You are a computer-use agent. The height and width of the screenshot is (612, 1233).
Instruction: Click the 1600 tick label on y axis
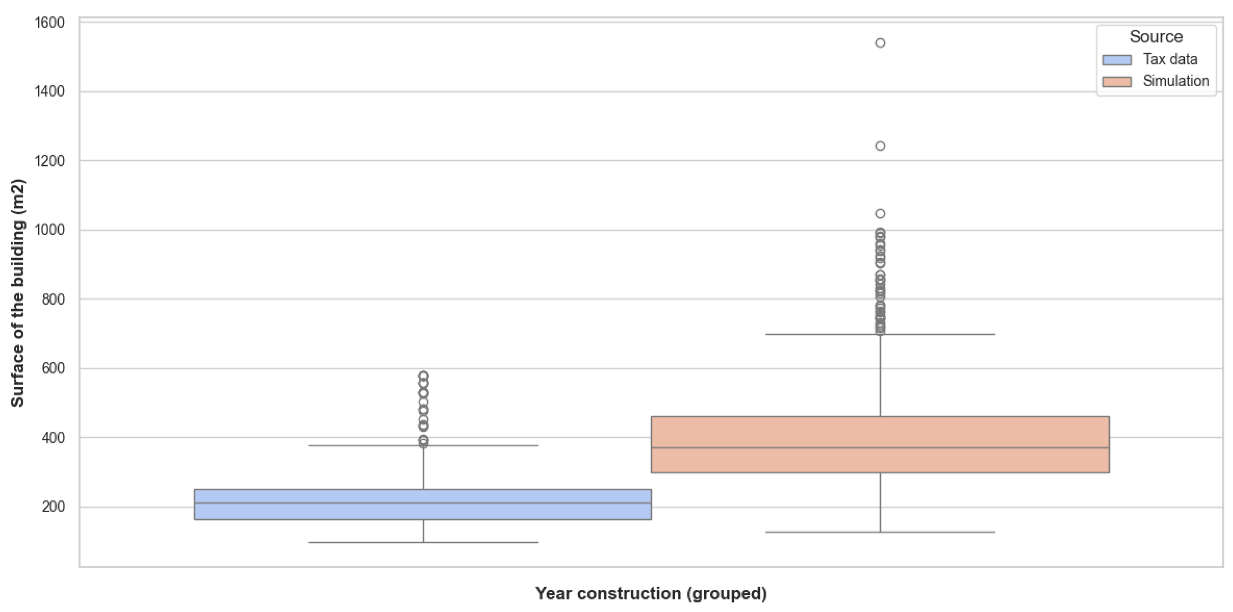[x=49, y=22]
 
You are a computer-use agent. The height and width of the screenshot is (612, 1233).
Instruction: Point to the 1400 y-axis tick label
[x=49, y=92]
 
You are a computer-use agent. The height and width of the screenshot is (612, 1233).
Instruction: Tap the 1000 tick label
[x=49, y=230]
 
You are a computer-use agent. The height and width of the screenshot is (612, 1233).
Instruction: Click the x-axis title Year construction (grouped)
[x=651, y=593]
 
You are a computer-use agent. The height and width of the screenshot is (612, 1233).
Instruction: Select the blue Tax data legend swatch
[x=1117, y=60]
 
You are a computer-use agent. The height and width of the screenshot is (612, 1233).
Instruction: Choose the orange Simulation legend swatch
[x=1117, y=82]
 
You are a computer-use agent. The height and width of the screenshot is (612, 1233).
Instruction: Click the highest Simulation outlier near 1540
[x=880, y=43]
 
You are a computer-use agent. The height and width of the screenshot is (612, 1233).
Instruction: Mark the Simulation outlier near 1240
[x=880, y=146]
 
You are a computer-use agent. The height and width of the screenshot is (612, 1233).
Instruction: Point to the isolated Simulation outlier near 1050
[x=880, y=214]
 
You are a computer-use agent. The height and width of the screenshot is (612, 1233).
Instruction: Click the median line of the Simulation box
[x=880, y=448]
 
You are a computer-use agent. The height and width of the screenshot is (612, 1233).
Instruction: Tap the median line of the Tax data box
[x=423, y=503]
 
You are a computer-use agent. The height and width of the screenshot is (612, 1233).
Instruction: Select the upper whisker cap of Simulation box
[x=880, y=334]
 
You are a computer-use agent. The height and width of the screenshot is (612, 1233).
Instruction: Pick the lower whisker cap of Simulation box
[x=880, y=532]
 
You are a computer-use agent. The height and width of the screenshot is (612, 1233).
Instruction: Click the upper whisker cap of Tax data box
[x=423, y=446]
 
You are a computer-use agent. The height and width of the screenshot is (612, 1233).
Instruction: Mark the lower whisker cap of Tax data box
[x=423, y=542]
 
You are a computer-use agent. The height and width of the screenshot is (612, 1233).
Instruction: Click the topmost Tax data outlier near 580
[x=423, y=376]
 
